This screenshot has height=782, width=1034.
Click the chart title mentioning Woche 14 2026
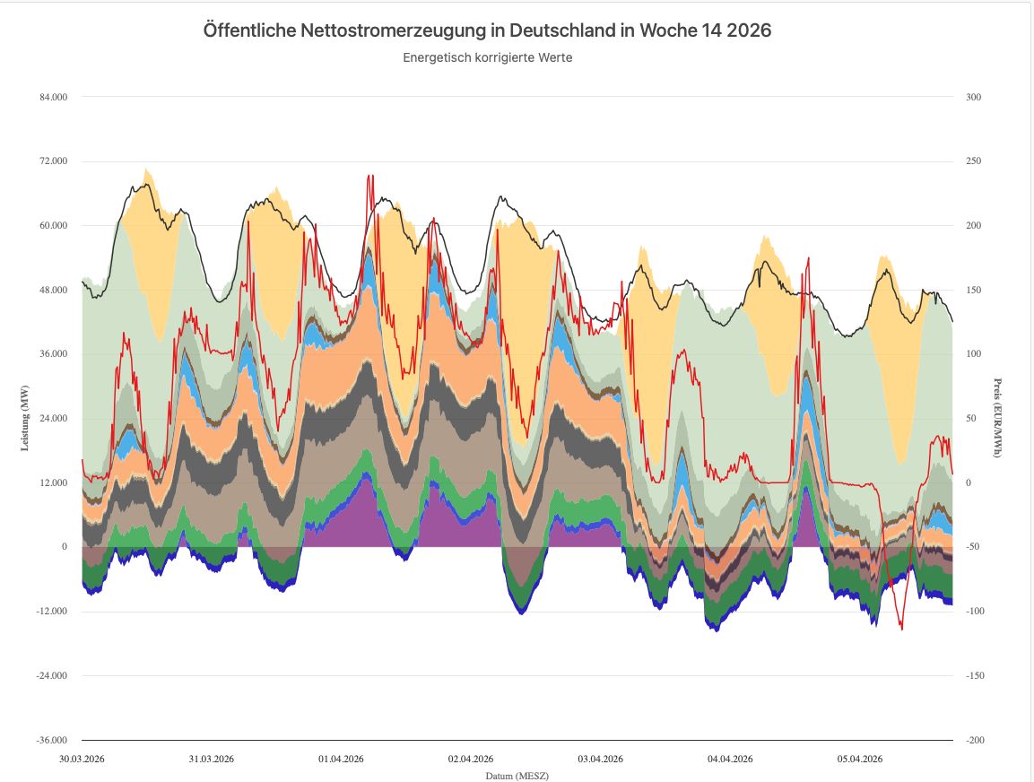pos(487,30)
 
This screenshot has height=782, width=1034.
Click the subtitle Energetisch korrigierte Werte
pos(487,57)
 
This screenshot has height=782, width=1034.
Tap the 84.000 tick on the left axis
pos(52,97)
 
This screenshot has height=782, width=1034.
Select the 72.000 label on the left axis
pos(52,161)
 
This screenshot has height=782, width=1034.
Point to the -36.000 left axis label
pos(51,740)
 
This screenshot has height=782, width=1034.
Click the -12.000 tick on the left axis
pos(51,612)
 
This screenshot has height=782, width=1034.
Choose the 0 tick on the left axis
pos(65,547)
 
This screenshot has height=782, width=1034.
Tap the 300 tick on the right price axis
pos(973,97)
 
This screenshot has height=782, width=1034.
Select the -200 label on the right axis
pos(975,740)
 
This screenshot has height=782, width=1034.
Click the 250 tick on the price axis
pos(973,161)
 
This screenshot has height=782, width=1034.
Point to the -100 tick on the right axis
pos(975,612)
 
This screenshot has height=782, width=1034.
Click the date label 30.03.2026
pos(83,759)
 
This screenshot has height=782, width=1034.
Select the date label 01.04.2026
pos(342,759)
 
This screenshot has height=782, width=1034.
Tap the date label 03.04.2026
pos(601,759)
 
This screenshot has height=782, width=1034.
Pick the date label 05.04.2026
pos(860,759)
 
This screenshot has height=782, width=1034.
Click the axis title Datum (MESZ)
pos(517,775)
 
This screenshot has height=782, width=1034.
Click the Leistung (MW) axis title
pos(25,418)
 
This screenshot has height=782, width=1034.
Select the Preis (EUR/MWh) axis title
pos(997,418)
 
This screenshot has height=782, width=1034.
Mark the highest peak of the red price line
pos(370,176)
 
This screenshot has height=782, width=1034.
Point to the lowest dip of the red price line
pos(902,630)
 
